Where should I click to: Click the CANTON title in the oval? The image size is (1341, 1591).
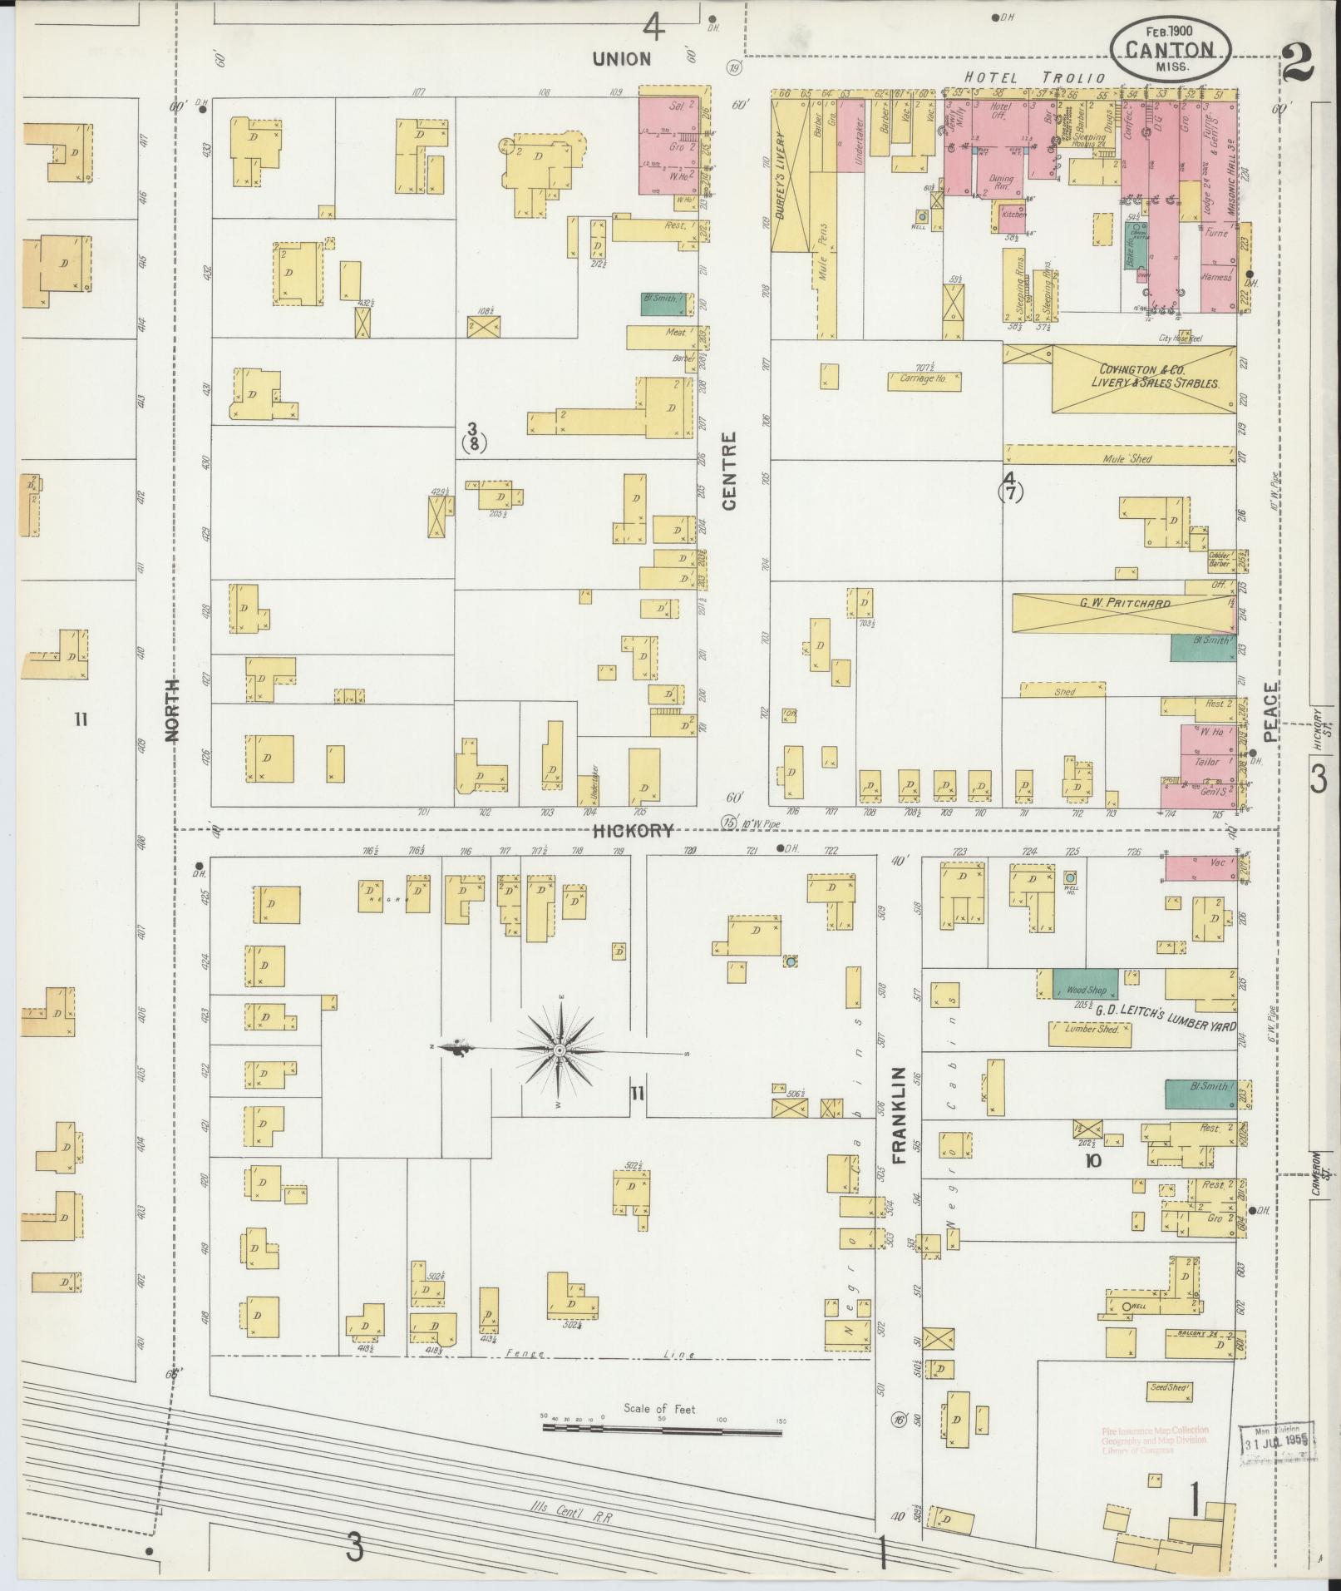coord(1170,49)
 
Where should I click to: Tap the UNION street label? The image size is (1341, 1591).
coord(621,58)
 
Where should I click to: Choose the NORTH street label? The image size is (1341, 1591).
coord(173,709)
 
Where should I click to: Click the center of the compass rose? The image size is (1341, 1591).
coord(560,1051)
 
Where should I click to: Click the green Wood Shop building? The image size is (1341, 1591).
coord(1085,984)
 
